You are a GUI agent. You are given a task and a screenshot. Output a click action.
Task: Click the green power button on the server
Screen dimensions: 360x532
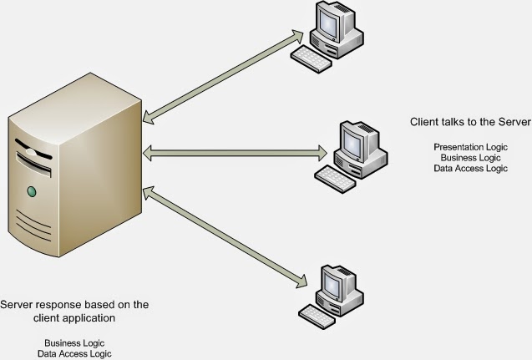(x=33, y=192)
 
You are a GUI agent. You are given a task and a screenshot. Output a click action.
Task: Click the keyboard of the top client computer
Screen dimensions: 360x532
(x=311, y=55)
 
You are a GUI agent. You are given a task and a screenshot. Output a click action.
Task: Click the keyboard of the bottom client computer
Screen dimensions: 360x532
(x=317, y=315)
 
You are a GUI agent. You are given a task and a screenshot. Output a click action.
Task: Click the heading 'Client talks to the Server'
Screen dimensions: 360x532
(x=470, y=122)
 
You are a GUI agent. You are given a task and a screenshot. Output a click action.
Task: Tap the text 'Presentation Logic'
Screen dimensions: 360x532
(x=470, y=147)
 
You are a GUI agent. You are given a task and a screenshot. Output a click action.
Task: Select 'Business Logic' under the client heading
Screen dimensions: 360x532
(x=470, y=157)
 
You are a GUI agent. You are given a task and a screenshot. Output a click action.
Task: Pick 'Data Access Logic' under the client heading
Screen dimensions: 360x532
(x=470, y=167)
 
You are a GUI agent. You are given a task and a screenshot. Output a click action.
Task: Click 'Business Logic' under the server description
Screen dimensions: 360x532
(x=74, y=343)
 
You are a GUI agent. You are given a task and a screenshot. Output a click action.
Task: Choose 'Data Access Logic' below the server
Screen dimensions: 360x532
(x=74, y=353)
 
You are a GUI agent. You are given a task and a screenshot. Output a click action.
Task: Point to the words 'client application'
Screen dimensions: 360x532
(x=74, y=318)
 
